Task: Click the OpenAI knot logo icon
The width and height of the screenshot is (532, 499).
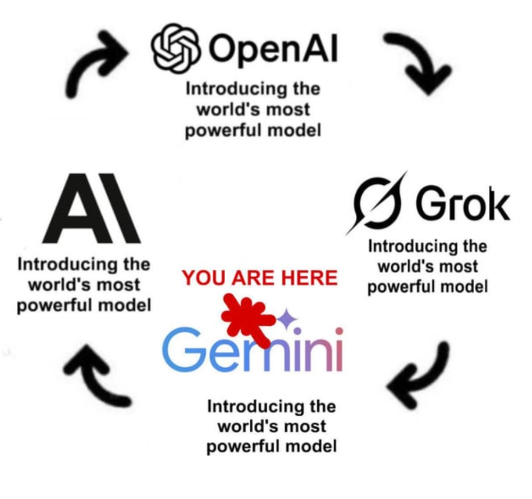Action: pyautogui.click(x=175, y=49)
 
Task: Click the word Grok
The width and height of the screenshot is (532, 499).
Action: pyautogui.click(x=462, y=205)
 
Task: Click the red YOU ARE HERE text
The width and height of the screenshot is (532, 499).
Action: pyautogui.click(x=260, y=278)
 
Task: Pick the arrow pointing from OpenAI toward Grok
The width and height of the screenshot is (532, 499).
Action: pyautogui.click(x=418, y=62)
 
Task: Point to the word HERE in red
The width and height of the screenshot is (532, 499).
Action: pyautogui.click(x=309, y=278)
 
